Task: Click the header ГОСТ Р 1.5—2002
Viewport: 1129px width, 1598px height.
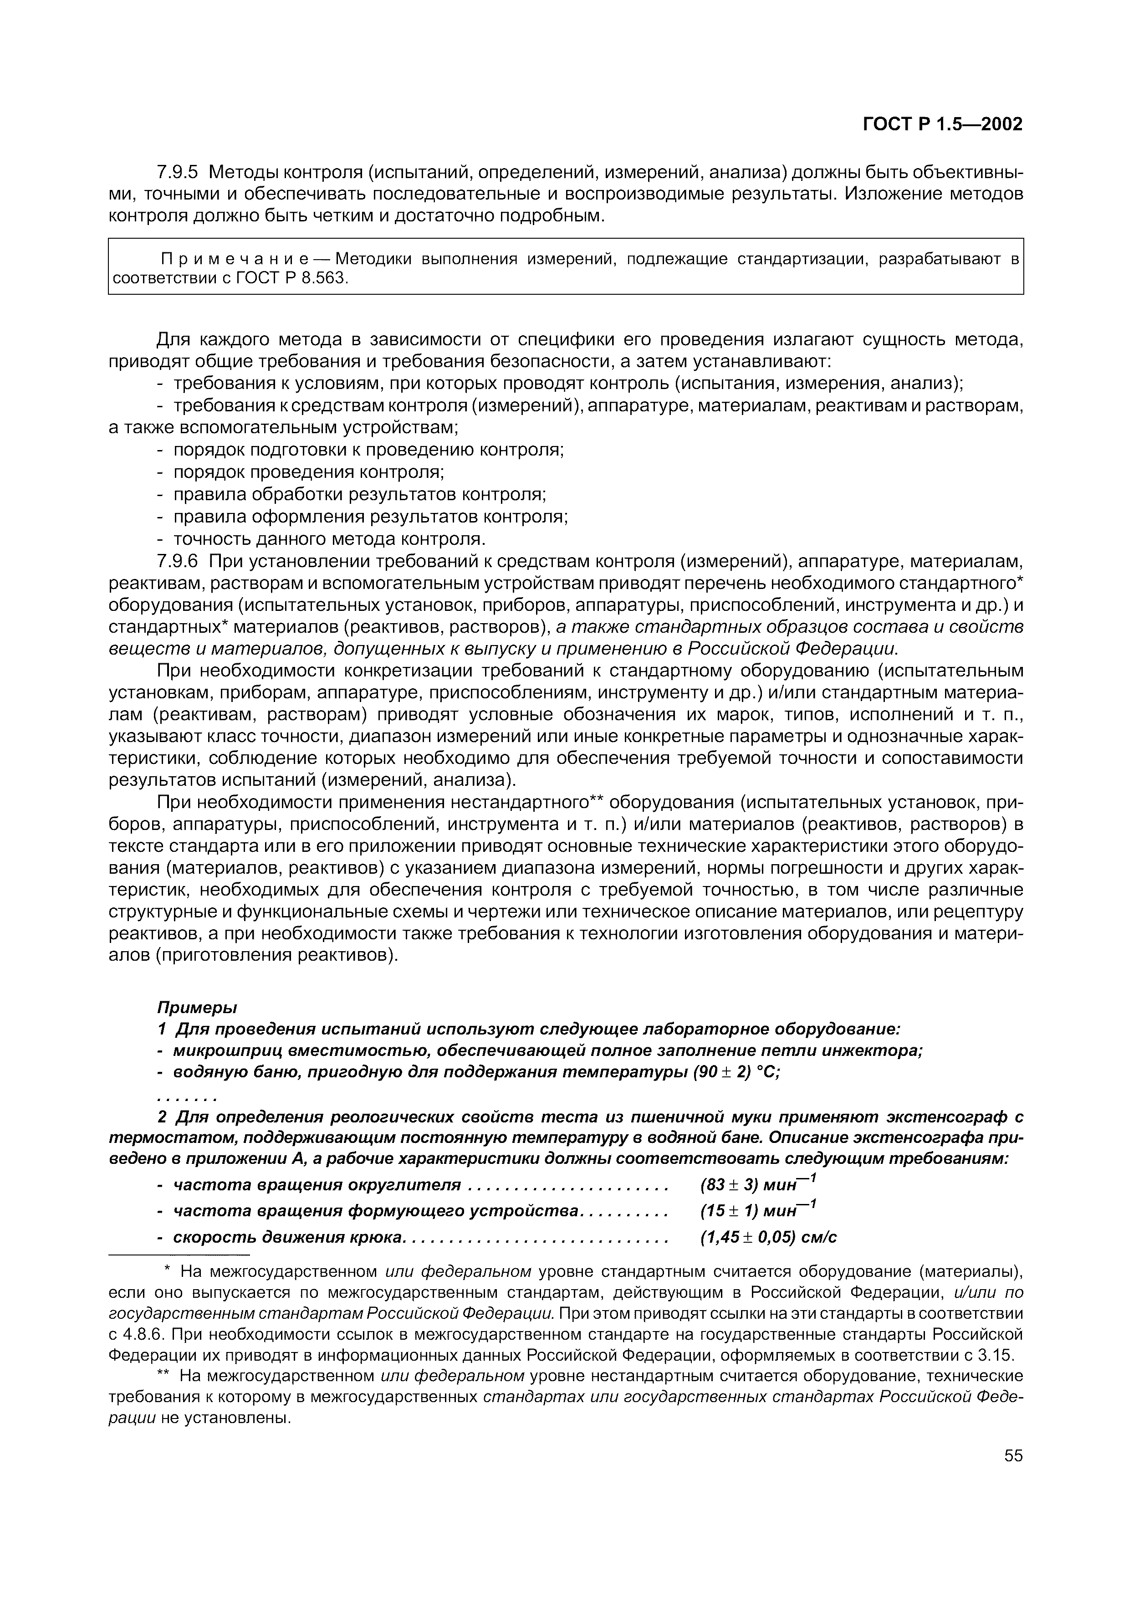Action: click(943, 124)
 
